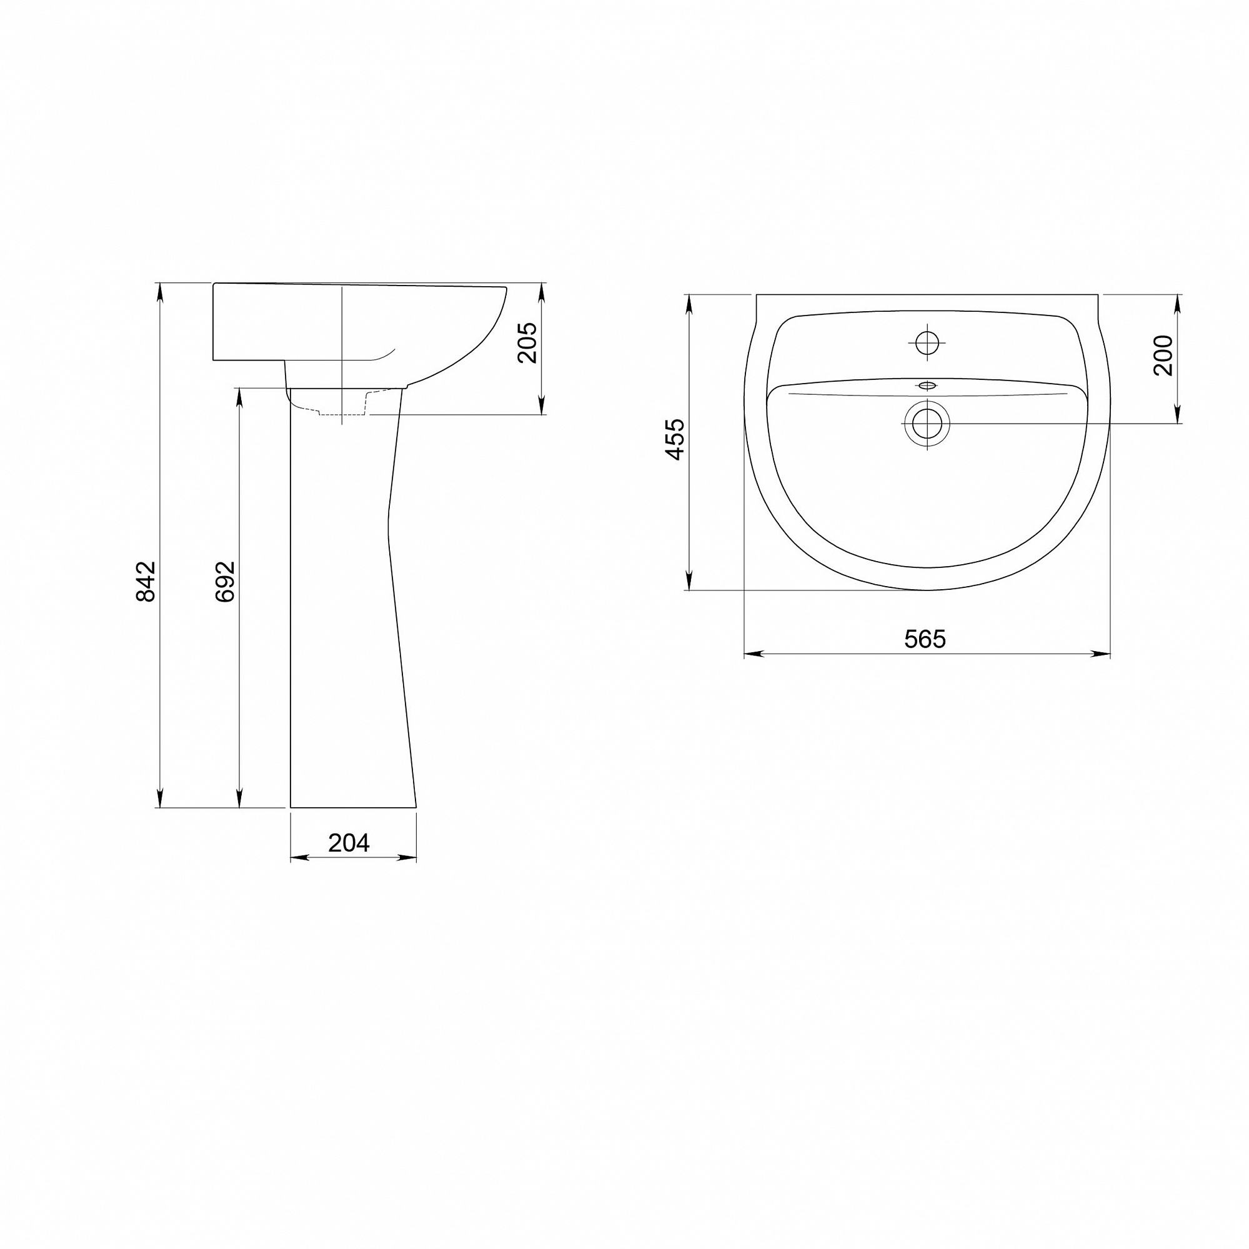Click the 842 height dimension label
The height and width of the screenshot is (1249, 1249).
click(x=146, y=582)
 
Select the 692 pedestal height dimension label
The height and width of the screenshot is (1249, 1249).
click(x=225, y=582)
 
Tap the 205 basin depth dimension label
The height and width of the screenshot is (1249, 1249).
click(x=527, y=342)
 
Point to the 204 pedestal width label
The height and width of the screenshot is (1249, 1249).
click(x=349, y=842)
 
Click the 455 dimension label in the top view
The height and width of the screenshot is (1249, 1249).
click(x=675, y=440)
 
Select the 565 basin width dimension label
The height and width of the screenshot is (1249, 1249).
click(x=925, y=639)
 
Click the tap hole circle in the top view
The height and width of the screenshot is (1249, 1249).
click(x=927, y=342)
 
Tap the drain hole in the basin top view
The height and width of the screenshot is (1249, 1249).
click(x=927, y=424)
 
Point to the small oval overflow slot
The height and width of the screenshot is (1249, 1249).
click(x=927, y=387)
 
